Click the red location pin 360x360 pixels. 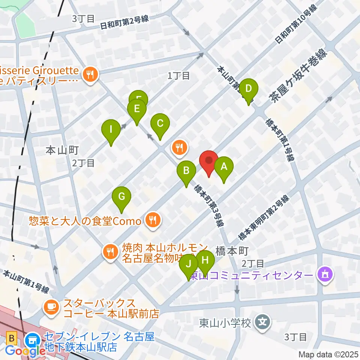(x=208, y=161)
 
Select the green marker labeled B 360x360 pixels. (x=186, y=171)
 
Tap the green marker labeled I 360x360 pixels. (x=111, y=130)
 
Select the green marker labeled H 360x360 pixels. (x=205, y=261)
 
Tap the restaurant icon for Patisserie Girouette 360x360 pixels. (x=90, y=74)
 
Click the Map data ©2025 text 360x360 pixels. (x=328, y=354)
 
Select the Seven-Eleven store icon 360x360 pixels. (x=31, y=340)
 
